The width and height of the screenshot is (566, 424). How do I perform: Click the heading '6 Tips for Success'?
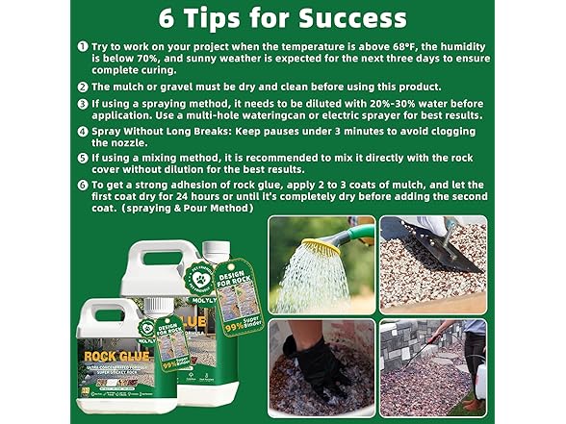point(283,17)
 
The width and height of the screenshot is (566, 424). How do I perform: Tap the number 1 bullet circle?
point(83,46)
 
